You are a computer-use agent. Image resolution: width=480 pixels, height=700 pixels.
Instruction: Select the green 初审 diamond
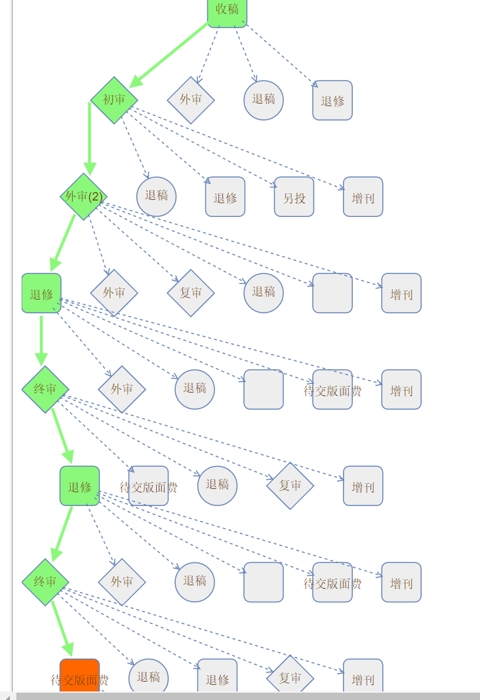[114, 100]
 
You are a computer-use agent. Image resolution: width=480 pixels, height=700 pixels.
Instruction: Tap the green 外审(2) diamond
[84, 196]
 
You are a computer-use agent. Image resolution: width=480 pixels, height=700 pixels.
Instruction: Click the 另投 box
[294, 197]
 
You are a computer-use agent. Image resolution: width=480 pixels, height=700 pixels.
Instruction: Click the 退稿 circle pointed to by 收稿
[264, 100]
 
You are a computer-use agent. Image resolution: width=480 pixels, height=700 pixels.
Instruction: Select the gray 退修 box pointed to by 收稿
[332, 100]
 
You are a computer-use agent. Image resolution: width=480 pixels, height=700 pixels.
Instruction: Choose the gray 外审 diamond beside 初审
[191, 100]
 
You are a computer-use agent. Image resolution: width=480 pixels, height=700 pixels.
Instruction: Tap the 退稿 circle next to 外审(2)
[156, 196]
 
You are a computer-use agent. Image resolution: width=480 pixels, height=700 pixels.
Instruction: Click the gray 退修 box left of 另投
[225, 197]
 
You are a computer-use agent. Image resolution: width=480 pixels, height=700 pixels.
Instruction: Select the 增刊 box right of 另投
[363, 197]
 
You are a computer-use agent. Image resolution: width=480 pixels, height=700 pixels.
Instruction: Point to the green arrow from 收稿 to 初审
[170, 55]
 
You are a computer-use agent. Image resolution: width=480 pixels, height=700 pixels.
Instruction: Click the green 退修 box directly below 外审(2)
[41, 293]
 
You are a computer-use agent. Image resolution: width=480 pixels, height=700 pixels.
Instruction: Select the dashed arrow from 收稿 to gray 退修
[282, 56]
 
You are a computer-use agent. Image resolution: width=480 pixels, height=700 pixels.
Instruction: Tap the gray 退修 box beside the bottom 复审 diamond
[217, 678]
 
